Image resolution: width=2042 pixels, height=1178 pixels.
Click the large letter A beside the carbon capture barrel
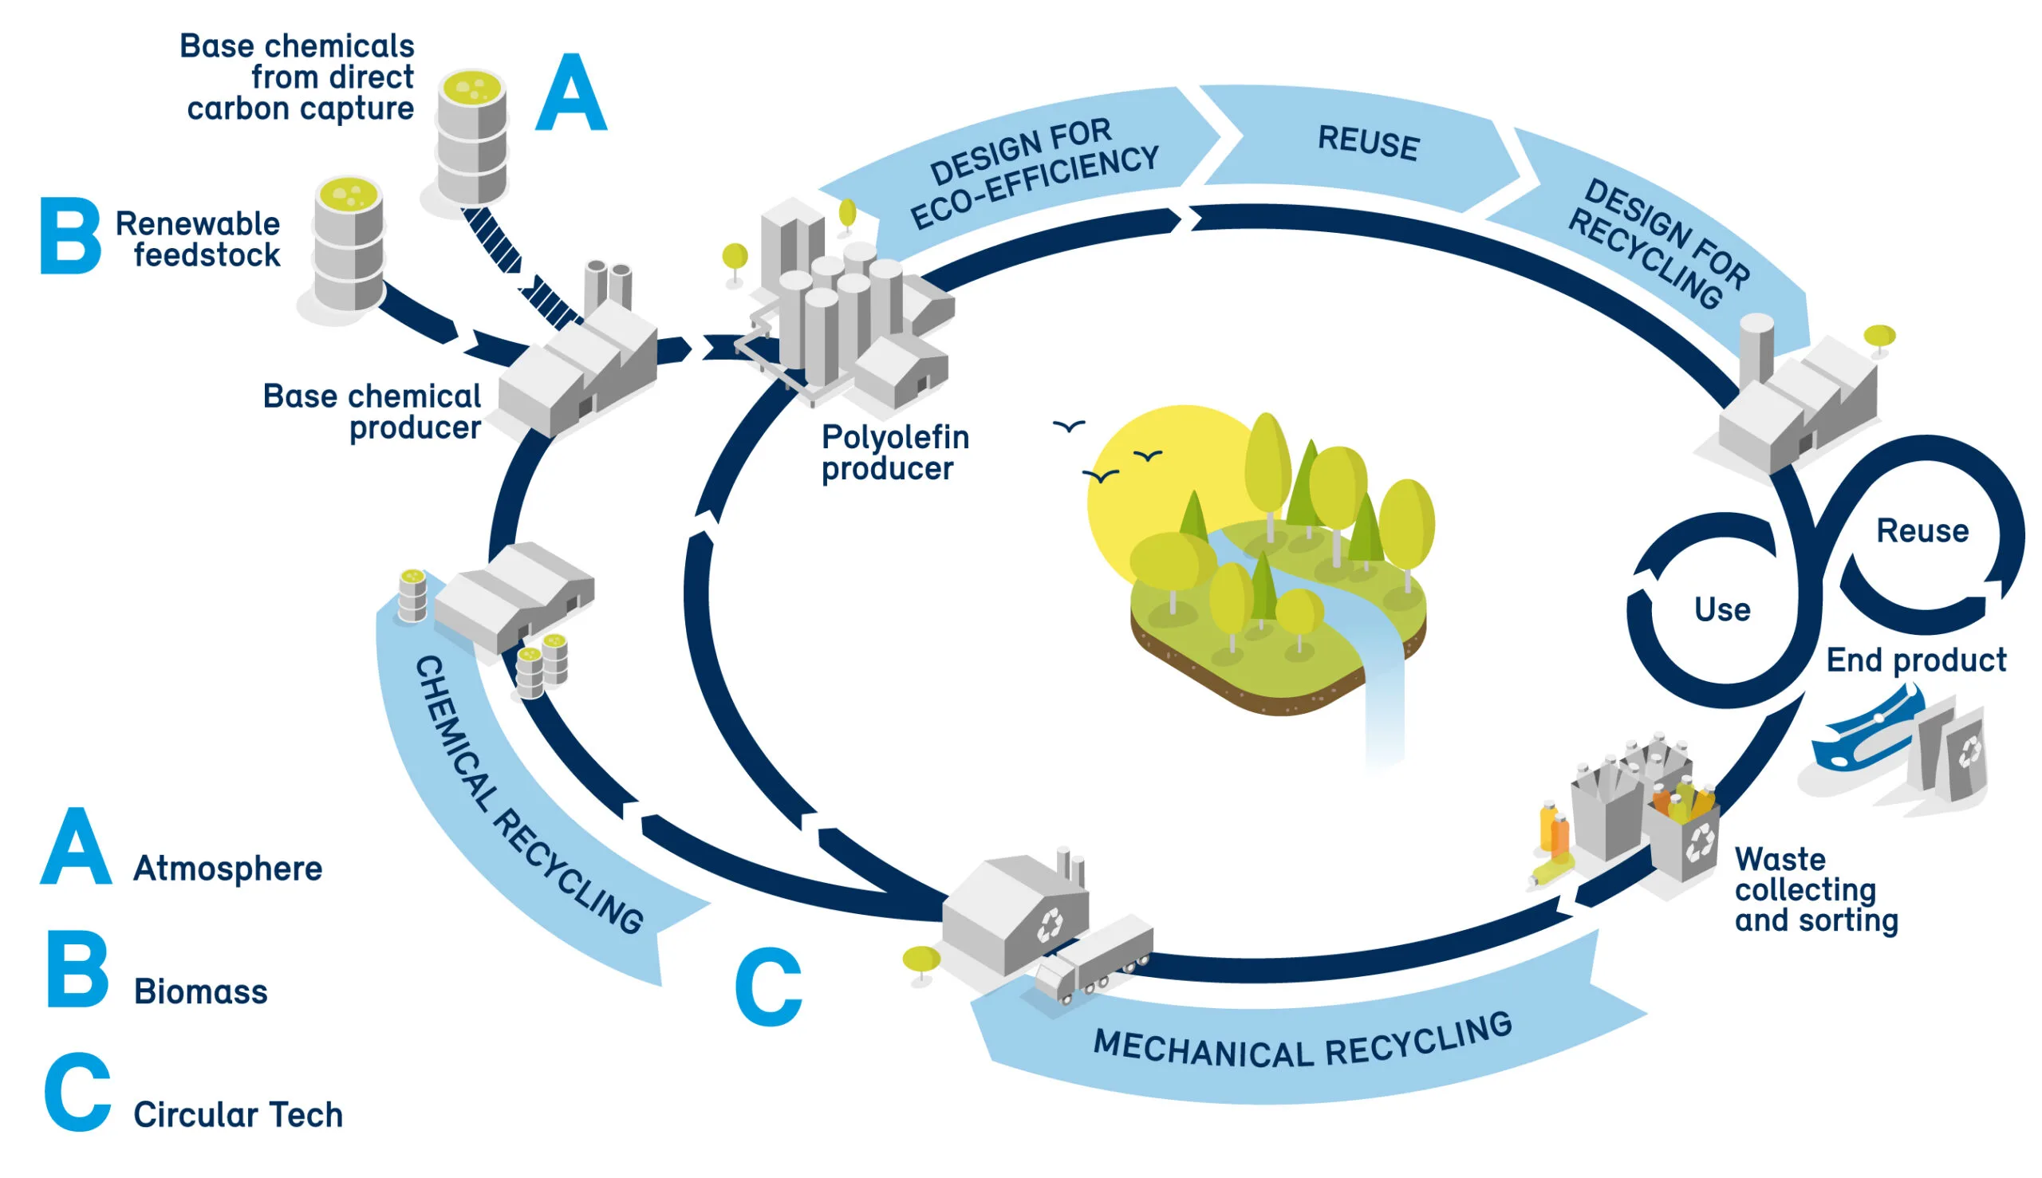coord(570,93)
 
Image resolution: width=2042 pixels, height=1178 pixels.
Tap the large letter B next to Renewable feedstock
coord(70,235)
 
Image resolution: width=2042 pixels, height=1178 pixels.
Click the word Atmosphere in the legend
coord(227,869)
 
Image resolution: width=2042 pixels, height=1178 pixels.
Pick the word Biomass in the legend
coord(200,992)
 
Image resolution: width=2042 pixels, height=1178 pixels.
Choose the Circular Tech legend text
coord(238,1115)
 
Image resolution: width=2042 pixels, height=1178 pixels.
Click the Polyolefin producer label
coord(894,453)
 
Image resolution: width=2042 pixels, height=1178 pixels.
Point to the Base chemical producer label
coord(373,412)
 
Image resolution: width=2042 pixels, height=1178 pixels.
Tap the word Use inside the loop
coord(1721,610)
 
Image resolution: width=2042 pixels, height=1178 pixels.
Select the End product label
coord(1916,660)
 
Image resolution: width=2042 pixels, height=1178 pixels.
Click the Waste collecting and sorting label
coord(1815,890)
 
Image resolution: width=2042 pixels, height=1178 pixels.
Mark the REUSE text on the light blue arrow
coord(1367,144)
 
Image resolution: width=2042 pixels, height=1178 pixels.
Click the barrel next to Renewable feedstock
coord(349,244)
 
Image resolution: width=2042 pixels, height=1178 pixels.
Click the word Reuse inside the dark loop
coord(1922,531)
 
